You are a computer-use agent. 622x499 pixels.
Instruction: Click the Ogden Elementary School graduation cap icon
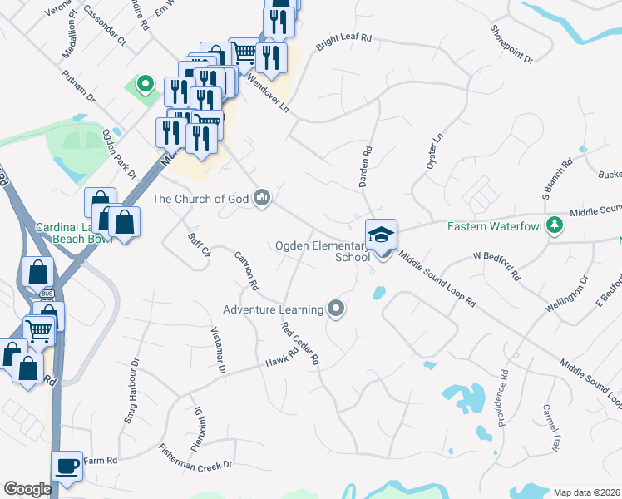(382, 233)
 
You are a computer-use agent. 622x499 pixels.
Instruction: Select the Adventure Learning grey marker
(336, 309)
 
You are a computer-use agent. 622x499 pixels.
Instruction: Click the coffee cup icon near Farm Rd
(67, 465)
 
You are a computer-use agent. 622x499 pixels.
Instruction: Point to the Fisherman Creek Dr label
(195, 458)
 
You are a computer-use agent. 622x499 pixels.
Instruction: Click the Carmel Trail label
(551, 427)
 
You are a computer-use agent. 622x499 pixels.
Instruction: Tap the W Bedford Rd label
(496, 265)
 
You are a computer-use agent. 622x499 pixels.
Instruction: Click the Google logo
(27, 489)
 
